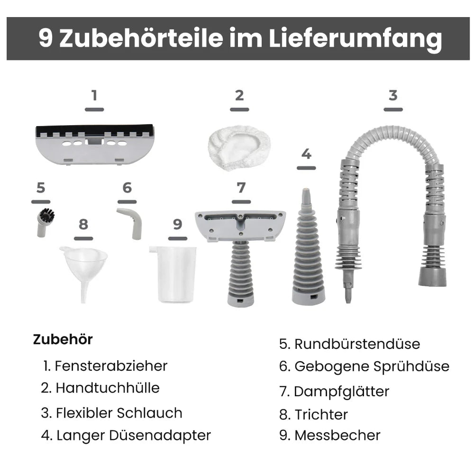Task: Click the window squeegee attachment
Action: (x=95, y=145)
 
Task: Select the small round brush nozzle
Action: (x=45, y=222)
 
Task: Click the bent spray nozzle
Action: (x=131, y=222)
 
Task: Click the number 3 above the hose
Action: (x=393, y=96)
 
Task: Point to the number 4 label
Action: (x=306, y=154)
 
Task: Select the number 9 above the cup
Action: (x=178, y=224)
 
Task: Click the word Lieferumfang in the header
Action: (x=355, y=38)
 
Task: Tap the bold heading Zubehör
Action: (x=63, y=339)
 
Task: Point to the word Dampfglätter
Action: (x=342, y=392)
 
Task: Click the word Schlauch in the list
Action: (x=149, y=413)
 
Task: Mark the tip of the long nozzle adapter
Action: (x=307, y=190)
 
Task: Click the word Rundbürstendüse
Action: (x=357, y=344)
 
